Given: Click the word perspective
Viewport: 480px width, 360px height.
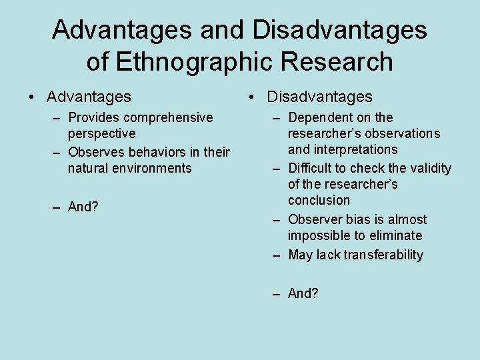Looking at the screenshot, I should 101,133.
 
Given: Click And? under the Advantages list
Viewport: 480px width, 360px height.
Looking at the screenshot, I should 83,207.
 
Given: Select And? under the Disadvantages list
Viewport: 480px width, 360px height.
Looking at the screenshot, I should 303,293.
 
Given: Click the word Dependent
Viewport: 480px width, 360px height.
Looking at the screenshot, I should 321,117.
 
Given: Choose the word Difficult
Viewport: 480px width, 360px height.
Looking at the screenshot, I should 311,168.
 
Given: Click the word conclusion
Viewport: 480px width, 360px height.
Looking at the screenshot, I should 319,200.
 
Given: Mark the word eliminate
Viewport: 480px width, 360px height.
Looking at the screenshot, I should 398,235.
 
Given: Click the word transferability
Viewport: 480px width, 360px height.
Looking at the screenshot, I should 383,255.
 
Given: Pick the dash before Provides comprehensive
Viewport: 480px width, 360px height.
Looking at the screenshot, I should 57,117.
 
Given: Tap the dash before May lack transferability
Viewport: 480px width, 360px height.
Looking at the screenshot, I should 277,255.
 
